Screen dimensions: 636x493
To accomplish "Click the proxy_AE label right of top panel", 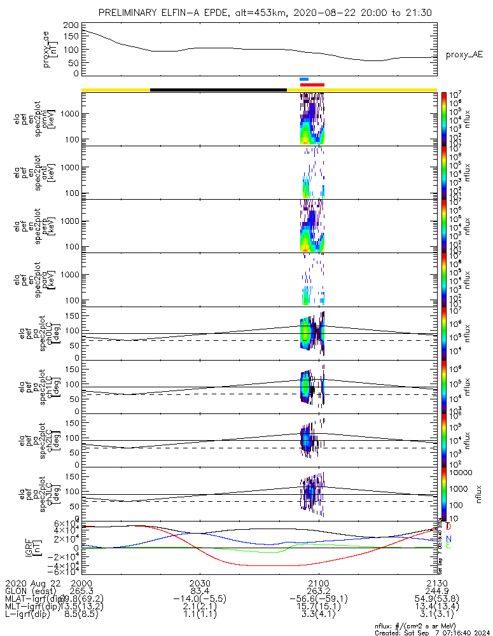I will coord(464,55).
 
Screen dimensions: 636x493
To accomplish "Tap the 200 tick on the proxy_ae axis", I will coord(71,25).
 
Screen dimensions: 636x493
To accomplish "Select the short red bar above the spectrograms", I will coord(312,84).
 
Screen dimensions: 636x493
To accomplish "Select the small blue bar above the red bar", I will coord(304,79).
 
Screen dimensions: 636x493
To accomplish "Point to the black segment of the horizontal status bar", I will coord(218,90).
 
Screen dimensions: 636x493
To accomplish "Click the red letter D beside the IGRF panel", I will coord(449,527).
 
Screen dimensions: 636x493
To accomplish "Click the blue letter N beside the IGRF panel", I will coord(449,539).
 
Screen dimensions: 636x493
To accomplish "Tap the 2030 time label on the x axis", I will coord(200,583).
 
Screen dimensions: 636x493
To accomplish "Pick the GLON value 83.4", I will coord(200,591).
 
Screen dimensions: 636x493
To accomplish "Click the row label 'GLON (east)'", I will coord(32,591).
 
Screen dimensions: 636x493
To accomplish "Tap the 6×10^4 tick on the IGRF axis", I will coord(65,523).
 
